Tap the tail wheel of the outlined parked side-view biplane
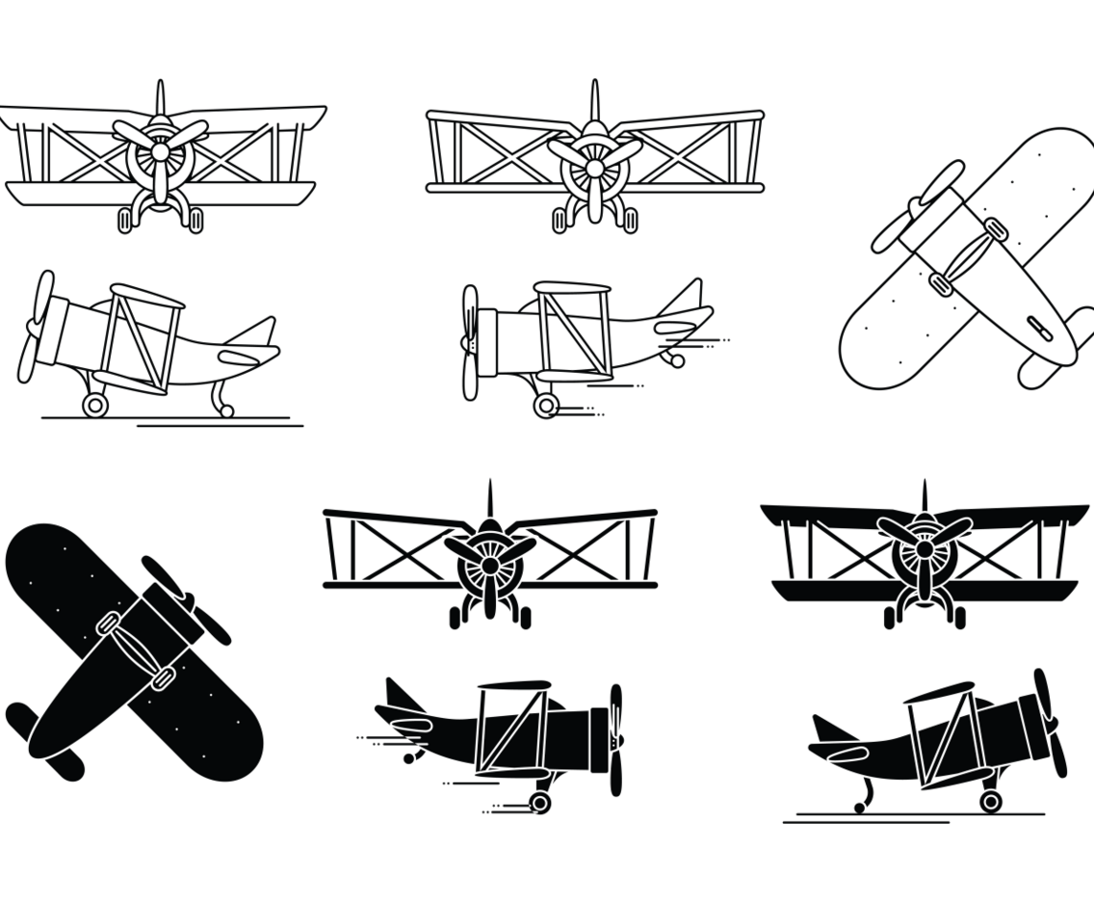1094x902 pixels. (x=227, y=411)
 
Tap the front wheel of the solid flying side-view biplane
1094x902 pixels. (x=541, y=803)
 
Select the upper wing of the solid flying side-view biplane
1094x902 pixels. (x=510, y=687)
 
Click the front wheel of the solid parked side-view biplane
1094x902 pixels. (x=989, y=800)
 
